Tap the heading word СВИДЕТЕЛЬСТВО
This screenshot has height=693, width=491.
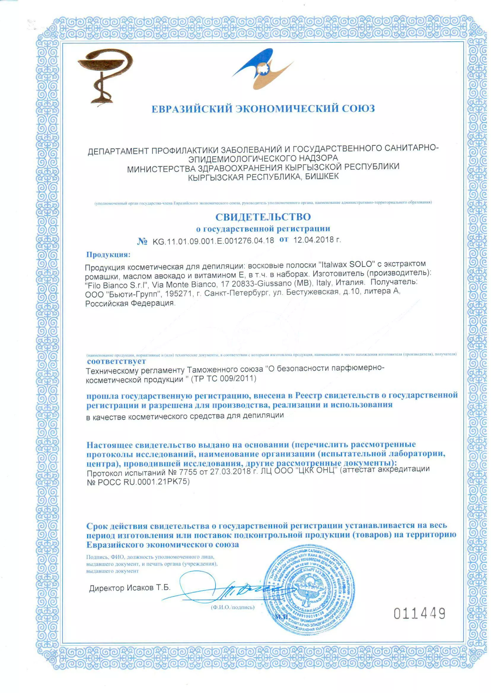(x=263, y=217)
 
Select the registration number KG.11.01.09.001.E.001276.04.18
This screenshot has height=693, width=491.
(x=213, y=241)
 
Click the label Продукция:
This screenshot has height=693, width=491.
(x=108, y=255)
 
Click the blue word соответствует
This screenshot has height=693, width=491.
(x=117, y=361)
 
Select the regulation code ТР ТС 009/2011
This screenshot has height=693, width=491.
(x=224, y=379)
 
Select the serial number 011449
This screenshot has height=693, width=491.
(x=419, y=614)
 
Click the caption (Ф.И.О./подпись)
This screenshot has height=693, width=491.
(x=232, y=607)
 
